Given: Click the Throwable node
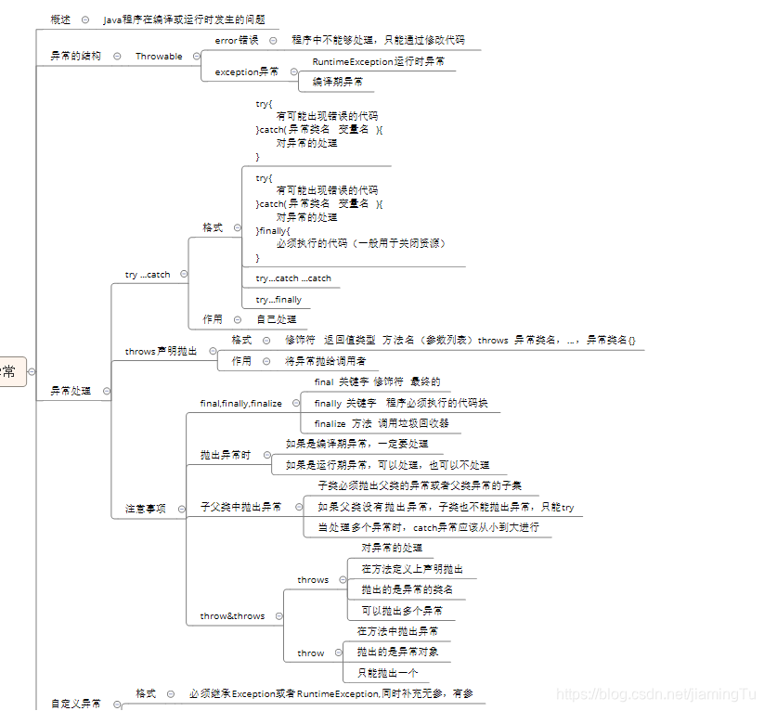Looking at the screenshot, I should coord(159,57).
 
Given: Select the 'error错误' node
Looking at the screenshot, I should coord(237,41).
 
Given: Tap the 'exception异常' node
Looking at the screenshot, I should coord(246,71).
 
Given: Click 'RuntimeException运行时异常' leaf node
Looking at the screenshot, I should coord(378,61).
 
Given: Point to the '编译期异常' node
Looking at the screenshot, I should coord(337,82).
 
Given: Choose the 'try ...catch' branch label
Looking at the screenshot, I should coord(148,275).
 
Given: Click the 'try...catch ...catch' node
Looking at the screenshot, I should coord(293,278).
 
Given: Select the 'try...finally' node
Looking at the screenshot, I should coord(278,300).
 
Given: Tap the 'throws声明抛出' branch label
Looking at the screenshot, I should coord(161,352).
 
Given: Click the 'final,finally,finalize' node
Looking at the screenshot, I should coord(240,404).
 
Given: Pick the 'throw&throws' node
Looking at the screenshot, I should coord(232,616).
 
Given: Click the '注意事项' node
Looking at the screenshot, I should coord(146,509).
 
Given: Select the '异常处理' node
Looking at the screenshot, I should coord(71,392).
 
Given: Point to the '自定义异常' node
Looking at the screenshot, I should coord(75,704).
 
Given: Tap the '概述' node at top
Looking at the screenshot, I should coord(59,19).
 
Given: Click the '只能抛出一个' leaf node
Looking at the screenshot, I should coord(387,673).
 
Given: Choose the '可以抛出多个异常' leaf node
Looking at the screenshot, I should coord(401,611).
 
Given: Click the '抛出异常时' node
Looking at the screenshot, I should coord(225,456).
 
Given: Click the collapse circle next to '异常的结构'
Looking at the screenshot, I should coord(117,57).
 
